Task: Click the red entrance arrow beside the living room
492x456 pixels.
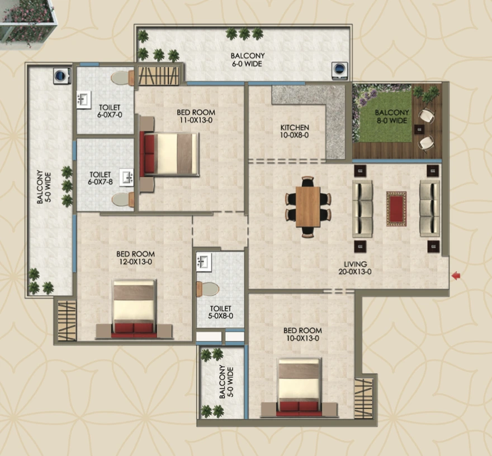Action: tap(456, 275)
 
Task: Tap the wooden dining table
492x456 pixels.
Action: tap(307, 207)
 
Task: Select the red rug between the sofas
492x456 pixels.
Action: tap(396, 209)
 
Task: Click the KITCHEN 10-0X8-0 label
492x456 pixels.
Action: tap(295, 131)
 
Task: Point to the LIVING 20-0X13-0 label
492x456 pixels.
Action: tap(355, 268)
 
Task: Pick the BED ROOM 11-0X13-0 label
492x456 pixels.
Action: tap(196, 116)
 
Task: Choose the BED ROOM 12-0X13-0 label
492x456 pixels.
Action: tap(134, 257)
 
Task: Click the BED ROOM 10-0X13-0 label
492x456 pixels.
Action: tap(301, 334)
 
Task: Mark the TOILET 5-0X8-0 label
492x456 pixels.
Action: tap(221, 312)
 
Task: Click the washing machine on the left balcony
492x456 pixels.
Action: tap(61, 76)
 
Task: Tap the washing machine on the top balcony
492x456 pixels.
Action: tap(339, 69)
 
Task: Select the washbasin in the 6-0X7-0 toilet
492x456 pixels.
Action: tap(84, 100)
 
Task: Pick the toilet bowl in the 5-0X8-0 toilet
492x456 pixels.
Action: tap(208, 289)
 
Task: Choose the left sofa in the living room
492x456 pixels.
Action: tap(362, 208)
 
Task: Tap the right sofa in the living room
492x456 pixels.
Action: tap(429, 208)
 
